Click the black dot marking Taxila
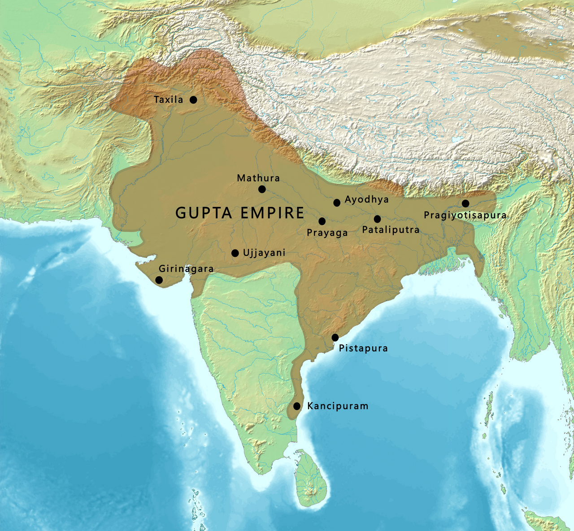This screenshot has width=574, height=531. (193, 99)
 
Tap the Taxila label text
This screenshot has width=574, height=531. (169, 99)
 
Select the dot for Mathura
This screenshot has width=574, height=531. (262, 189)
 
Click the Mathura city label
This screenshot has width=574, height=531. (258, 178)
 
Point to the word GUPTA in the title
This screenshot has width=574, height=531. (204, 213)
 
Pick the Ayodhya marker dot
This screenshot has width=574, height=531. (337, 203)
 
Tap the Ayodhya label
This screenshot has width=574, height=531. (366, 199)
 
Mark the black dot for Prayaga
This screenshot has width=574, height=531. (322, 221)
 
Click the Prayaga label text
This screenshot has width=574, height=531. (327, 233)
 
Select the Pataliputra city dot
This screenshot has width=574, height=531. (377, 219)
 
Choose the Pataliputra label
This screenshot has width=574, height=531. (391, 230)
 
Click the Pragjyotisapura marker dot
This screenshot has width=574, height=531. (465, 203)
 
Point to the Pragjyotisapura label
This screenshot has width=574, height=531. (465, 215)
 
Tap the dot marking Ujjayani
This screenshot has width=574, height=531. (235, 253)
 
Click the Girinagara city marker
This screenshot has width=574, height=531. (159, 280)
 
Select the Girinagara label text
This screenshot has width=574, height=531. (186, 269)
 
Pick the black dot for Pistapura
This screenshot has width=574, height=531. (335, 337)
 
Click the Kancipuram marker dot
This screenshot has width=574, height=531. (296, 406)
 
